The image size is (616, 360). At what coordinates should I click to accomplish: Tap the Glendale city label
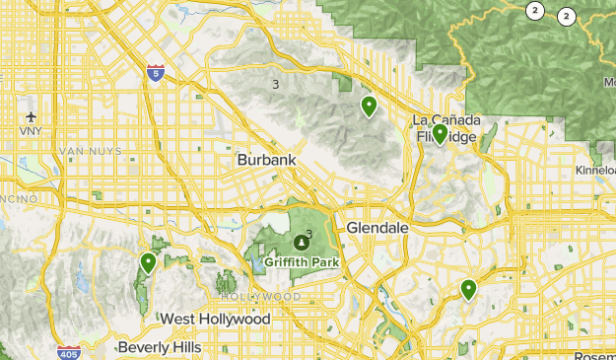377,228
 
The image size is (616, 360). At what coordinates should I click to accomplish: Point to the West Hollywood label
215,320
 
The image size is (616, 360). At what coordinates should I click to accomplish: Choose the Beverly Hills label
159,347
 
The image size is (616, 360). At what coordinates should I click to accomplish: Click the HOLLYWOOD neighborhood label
261,297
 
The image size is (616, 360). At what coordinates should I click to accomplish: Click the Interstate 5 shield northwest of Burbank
155,72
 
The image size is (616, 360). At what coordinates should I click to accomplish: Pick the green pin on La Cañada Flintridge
440,133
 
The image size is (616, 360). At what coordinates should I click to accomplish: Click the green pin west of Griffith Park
148,262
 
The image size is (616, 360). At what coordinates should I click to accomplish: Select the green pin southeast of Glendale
468,289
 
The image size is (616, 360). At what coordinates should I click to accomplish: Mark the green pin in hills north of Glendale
370,107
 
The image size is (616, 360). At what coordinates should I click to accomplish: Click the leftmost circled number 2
534,11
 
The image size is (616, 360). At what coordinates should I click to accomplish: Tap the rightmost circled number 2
567,16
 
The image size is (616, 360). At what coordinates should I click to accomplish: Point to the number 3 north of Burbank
275,85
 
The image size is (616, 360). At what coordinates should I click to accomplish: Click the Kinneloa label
595,171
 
